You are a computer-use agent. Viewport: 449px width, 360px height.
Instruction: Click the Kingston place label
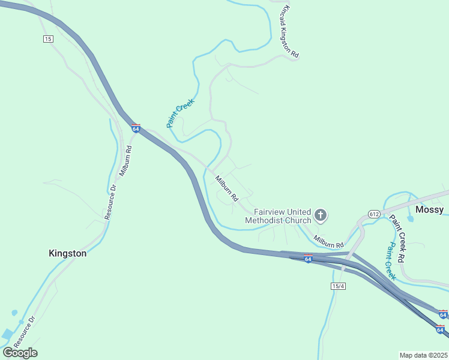pyautogui.click(x=67, y=253)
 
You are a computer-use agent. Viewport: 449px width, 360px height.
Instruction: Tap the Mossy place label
pyautogui.click(x=429, y=209)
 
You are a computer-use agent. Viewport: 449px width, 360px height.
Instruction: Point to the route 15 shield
pyautogui.click(x=48, y=39)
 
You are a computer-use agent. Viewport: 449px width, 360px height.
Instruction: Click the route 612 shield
pyautogui.click(x=373, y=214)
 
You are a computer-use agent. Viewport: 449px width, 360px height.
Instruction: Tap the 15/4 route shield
pyautogui.click(x=338, y=286)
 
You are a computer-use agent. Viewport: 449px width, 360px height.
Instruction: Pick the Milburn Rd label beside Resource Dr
pyautogui.click(x=125, y=160)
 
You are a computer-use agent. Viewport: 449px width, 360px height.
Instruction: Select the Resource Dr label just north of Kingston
pyautogui.click(x=111, y=202)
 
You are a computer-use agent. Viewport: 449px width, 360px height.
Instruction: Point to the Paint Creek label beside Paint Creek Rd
pyautogui.click(x=391, y=261)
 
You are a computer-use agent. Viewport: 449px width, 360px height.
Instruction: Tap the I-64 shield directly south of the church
pyautogui.click(x=308, y=259)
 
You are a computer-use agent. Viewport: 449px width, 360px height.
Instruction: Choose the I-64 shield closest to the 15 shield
pyautogui.click(x=136, y=129)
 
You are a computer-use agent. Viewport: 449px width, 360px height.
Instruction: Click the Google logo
pyautogui.click(x=20, y=353)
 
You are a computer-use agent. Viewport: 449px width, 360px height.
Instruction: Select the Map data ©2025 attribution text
pyautogui.click(x=423, y=355)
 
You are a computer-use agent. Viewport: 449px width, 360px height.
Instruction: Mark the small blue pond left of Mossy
pyautogui.click(x=410, y=218)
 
